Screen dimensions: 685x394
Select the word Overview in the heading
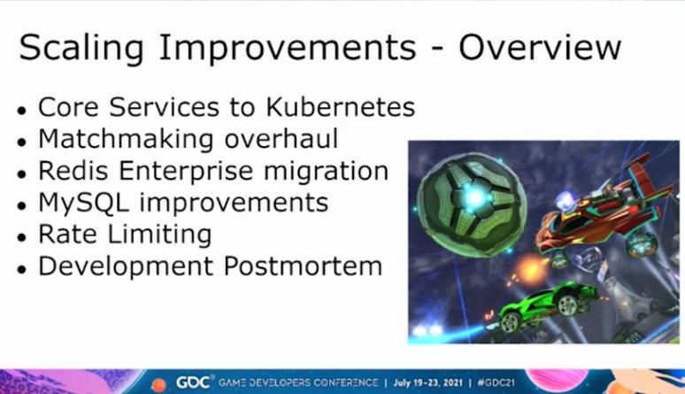pyautogui.click(x=540, y=46)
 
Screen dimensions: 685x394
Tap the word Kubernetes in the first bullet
pyautogui.click(x=341, y=107)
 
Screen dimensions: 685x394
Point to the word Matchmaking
pyautogui.click(x=127, y=139)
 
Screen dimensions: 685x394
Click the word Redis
pyautogui.click(x=73, y=170)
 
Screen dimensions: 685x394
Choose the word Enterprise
pyautogui.click(x=186, y=172)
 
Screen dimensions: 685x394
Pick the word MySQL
pyautogui.click(x=84, y=204)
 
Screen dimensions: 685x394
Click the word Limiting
pyautogui.click(x=160, y=235)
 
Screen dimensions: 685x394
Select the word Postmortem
pyautogui.click(x=303, y=266)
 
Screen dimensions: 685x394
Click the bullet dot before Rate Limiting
pyautogui.click(x=22, y=237)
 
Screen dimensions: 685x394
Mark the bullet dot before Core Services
pyautogui.click(x=22, y=110)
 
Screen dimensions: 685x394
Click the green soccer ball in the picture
pyautogui.click(x=472, y=205)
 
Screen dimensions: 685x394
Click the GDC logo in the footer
pyautogui.click(x=193, y=382)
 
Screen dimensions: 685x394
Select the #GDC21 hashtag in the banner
pyautogui.click(x=496, y=382)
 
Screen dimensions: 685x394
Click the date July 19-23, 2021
pyautogui.click(x=427, y=382)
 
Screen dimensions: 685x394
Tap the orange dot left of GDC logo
pyautogui.click(x=158, y=385)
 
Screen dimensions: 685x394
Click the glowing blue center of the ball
pyautogui.click(x=473, y=197)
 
